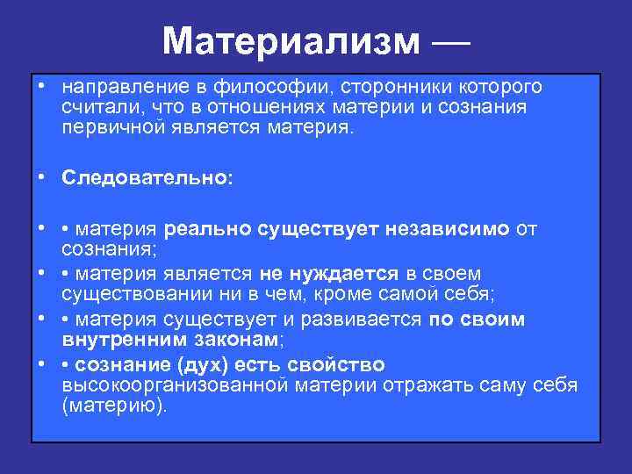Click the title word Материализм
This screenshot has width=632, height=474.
tap(291, 41)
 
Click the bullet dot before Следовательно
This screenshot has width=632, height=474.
tap(42, 177)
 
